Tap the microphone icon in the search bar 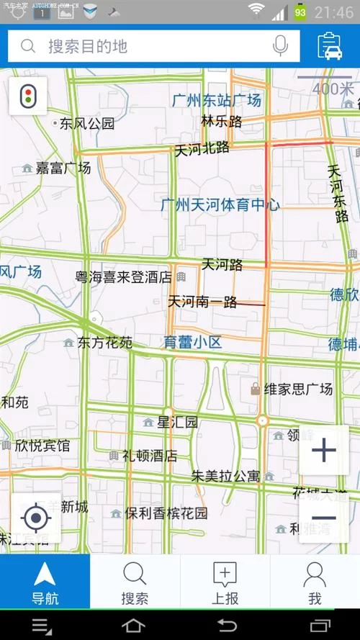point(281,46)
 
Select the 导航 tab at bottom point(45,582)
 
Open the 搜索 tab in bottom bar point(135,582)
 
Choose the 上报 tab point(225,582)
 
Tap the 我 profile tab point(315,582)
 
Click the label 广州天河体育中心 point(220,205)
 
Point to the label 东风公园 point(86,123)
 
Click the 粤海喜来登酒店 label point(124,276)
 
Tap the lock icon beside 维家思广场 point(254,389)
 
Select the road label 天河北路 point(202,149)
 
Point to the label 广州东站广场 point(217,101)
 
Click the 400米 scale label point(333,89)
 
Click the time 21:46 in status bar point(334,12)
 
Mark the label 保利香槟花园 point(166,513)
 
